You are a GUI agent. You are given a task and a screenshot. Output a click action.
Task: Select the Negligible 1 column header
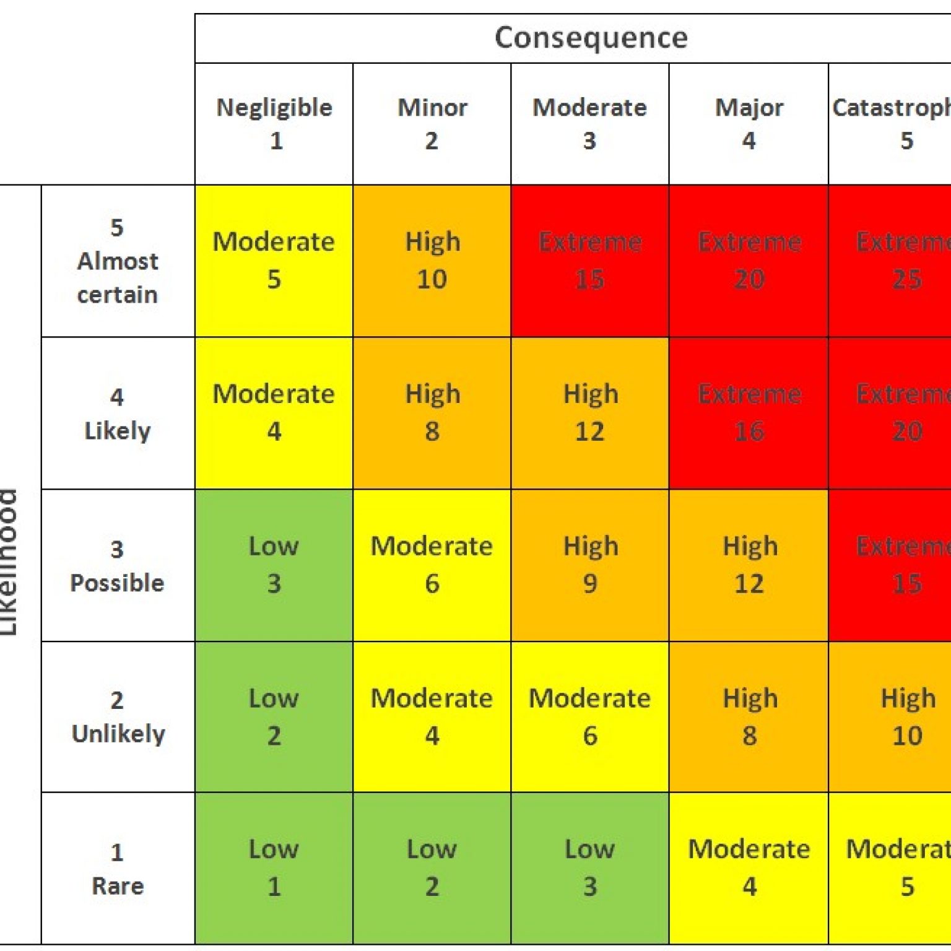[274, 124]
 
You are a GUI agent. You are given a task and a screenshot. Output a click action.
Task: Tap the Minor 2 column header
[432, 124]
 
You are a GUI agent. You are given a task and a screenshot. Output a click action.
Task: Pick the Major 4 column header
[749, 124]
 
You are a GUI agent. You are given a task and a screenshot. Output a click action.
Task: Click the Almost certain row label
[118, 261]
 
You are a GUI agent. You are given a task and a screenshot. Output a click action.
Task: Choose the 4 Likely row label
[118, 414]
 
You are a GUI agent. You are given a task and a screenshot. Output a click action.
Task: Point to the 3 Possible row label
[118, 566]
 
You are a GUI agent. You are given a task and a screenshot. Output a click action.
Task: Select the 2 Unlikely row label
[118, 718]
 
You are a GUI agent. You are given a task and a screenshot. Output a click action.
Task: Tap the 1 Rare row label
[118, 869]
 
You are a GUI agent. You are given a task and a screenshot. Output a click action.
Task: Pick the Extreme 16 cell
[749, 413]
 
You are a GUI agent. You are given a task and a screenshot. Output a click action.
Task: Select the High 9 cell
[590, 565]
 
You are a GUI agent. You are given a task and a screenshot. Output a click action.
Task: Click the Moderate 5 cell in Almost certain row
[274, 261]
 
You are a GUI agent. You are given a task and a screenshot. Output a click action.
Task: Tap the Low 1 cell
[274, 868]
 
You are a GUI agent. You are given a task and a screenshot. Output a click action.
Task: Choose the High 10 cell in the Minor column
[432, 261]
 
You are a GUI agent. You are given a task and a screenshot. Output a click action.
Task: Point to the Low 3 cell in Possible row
[274, 565]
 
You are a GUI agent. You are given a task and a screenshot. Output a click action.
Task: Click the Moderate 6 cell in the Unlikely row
[590, 717]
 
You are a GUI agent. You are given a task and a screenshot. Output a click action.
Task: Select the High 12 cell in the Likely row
[590, 413]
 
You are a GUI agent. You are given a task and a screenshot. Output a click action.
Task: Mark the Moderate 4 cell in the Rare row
[749, 868]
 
